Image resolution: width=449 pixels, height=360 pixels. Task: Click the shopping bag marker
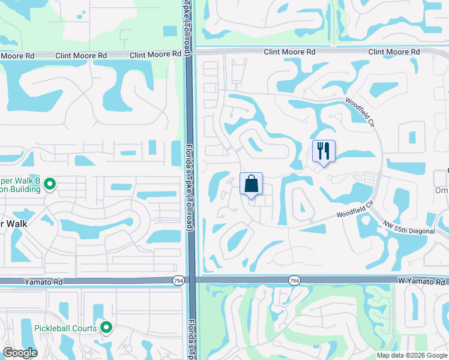(252, 184)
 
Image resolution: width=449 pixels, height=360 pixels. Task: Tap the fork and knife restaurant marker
(324, 151)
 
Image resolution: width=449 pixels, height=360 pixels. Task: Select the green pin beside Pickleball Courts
(106, 328)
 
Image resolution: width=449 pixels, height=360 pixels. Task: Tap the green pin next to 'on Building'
(50, 184)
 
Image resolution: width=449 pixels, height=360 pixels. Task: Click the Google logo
(20, 353)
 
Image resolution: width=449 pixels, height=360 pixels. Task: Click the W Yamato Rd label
(422, 281)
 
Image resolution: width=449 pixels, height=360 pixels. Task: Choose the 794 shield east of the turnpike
(294, 280)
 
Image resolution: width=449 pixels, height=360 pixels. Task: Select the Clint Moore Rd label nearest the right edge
(394, 52)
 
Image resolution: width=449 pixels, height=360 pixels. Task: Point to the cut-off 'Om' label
(442, 190)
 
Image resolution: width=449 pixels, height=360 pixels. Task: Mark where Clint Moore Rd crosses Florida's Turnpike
(188, 53)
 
